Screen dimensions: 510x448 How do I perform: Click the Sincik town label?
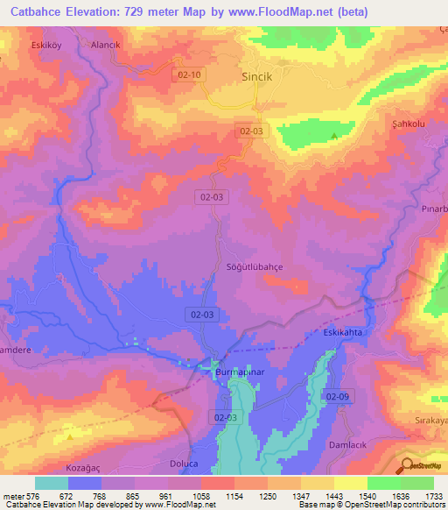pos(257,76)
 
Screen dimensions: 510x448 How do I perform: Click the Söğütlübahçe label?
pos(255,266)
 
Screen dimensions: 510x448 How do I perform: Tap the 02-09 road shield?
pos(338,397)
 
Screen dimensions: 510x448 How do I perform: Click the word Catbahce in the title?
pos(33,12)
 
